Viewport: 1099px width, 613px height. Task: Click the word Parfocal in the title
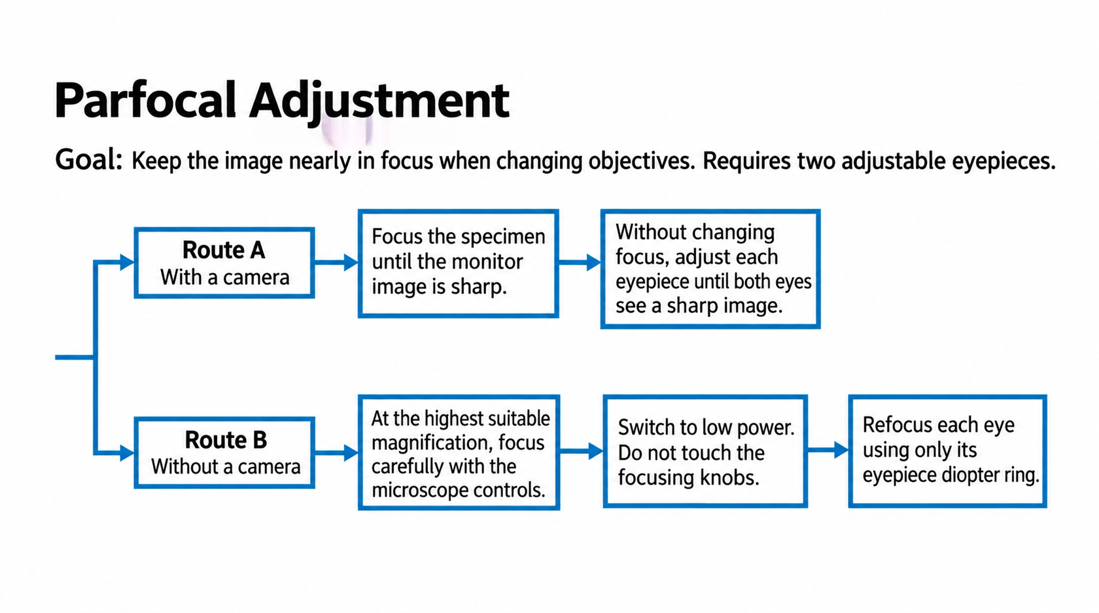[146, 101]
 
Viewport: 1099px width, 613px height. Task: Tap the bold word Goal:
[89, 160]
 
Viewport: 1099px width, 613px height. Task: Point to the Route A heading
[224, 250]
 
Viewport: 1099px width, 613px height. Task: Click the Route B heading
[226, 439]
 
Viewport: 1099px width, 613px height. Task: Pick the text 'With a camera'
[225, 278]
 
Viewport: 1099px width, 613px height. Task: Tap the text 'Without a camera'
[226, 466]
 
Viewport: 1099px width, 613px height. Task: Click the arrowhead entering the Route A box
[127, 262]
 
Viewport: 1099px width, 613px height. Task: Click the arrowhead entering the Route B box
[127, 453]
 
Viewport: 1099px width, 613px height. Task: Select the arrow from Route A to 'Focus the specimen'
[336, 262]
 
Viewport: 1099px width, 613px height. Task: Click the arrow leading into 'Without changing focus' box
[580, 262]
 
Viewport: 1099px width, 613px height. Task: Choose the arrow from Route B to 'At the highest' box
[336, 453]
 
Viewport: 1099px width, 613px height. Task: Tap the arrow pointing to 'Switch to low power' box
[582, 451]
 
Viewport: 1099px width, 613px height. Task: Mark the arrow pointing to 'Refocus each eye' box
[828, 449]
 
